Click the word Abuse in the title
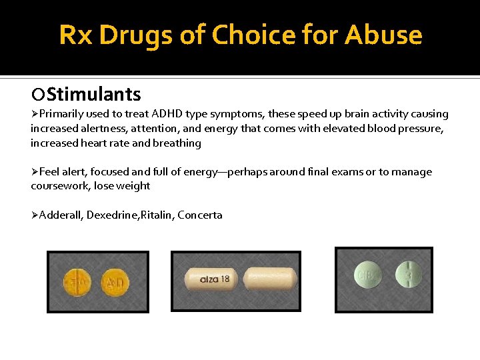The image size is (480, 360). [x=383, y=35]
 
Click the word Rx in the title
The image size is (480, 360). [x=75, y=35]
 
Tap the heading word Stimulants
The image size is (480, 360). [x=94, y=94]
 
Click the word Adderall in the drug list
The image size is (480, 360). [x=61, y=215]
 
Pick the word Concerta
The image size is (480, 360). [x=200, y=215]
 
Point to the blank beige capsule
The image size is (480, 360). [x=269, y=278]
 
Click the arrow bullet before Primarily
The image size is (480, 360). [x=35, y=114]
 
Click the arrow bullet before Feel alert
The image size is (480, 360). [x=35, y=172]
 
